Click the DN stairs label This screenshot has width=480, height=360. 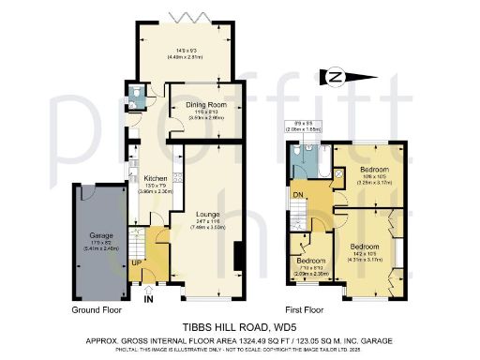tap(298, 194)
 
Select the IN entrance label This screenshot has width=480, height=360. tap(146, 301)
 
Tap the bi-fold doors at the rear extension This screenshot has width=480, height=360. tap(187, 18)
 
